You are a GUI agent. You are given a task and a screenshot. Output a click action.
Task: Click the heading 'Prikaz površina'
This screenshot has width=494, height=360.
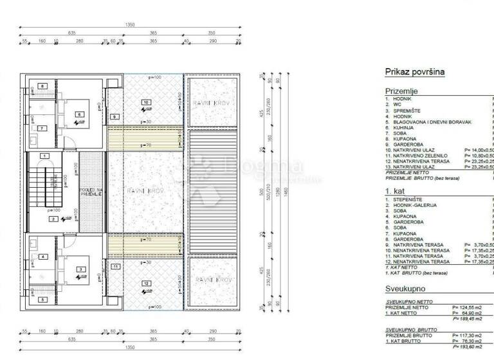coord(415,72)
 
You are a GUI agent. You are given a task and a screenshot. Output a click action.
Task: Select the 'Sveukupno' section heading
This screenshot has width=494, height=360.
coord(406,289)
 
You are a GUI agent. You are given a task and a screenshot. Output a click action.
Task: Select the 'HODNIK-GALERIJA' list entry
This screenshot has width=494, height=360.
coord(414,205)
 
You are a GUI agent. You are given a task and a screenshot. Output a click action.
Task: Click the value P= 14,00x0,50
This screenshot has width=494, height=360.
coord(479,148)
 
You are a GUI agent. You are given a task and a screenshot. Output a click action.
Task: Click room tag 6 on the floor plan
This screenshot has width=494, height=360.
coord(80,115)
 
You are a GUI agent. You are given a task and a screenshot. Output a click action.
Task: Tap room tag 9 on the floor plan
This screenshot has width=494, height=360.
coord(114,116)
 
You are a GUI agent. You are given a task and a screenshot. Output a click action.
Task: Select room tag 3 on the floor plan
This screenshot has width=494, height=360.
coord(80,269)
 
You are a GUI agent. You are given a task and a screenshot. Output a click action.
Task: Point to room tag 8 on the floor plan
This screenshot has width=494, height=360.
coord(42,86)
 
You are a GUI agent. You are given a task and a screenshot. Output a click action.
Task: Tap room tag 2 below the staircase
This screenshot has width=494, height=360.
coord(54,219)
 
